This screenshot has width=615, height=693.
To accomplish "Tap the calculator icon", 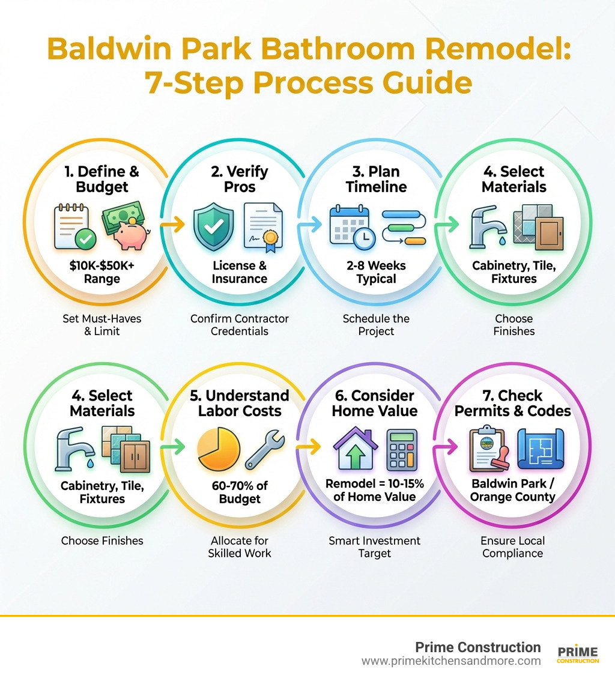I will tap(402, 449).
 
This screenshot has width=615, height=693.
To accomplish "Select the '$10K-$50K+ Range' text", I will tap(102, 271).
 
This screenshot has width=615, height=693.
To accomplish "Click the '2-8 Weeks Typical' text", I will tap(376, 272).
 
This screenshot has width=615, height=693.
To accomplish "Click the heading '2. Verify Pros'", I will tap(240, 179).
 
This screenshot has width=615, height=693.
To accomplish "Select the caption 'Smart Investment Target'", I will tap(375, 546).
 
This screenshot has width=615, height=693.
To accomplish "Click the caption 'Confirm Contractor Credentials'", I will tap(240, 325).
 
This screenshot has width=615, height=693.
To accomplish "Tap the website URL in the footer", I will tap(451, 661).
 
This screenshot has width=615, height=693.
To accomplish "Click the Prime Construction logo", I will tap(578, 654).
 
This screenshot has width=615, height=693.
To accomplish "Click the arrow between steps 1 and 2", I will tap(172, 226).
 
